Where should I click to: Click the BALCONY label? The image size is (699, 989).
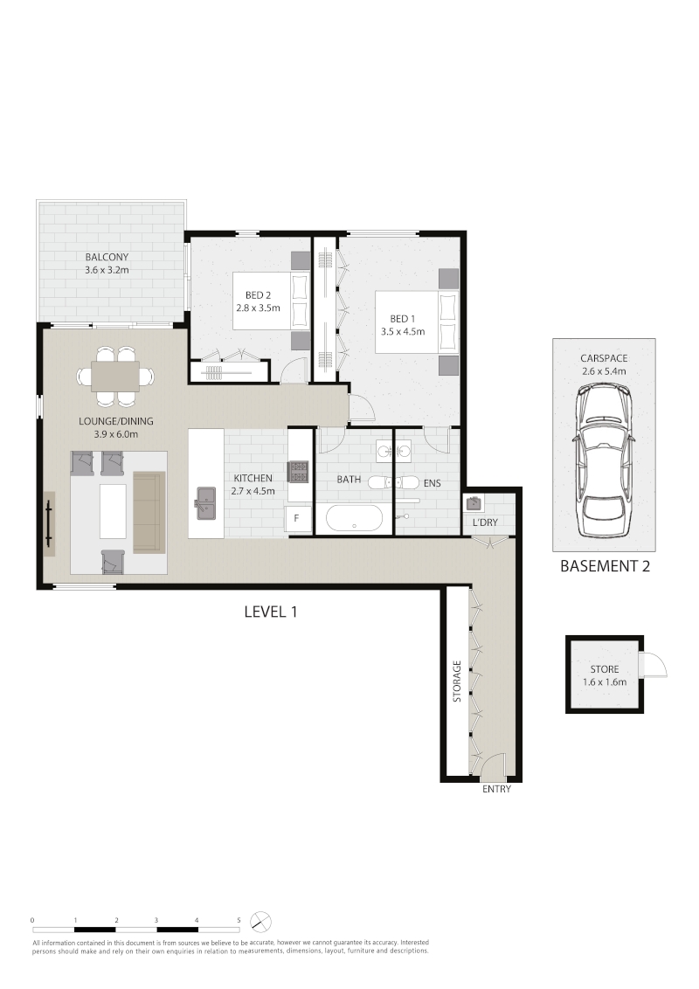(x=107, y=257)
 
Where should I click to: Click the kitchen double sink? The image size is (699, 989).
(x=205, y=503)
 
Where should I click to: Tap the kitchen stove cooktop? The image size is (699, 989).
(x=298, y=471)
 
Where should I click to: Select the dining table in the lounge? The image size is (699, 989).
(x=115, y=377)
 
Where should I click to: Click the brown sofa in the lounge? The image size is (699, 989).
(x=149, y=512)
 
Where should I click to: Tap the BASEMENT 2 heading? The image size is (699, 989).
(x=605, y=566)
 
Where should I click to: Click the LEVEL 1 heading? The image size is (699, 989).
(x=271, y=612)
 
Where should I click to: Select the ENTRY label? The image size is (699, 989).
(x=496, y=788)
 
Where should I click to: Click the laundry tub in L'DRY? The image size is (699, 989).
(x=474, y=503)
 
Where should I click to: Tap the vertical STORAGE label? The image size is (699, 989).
(x=457, y=681)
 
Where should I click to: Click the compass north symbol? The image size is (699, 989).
(x=260, y=922)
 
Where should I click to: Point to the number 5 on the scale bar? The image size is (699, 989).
(x=239, y=920)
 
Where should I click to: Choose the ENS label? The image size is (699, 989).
(x=433, y=483)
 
